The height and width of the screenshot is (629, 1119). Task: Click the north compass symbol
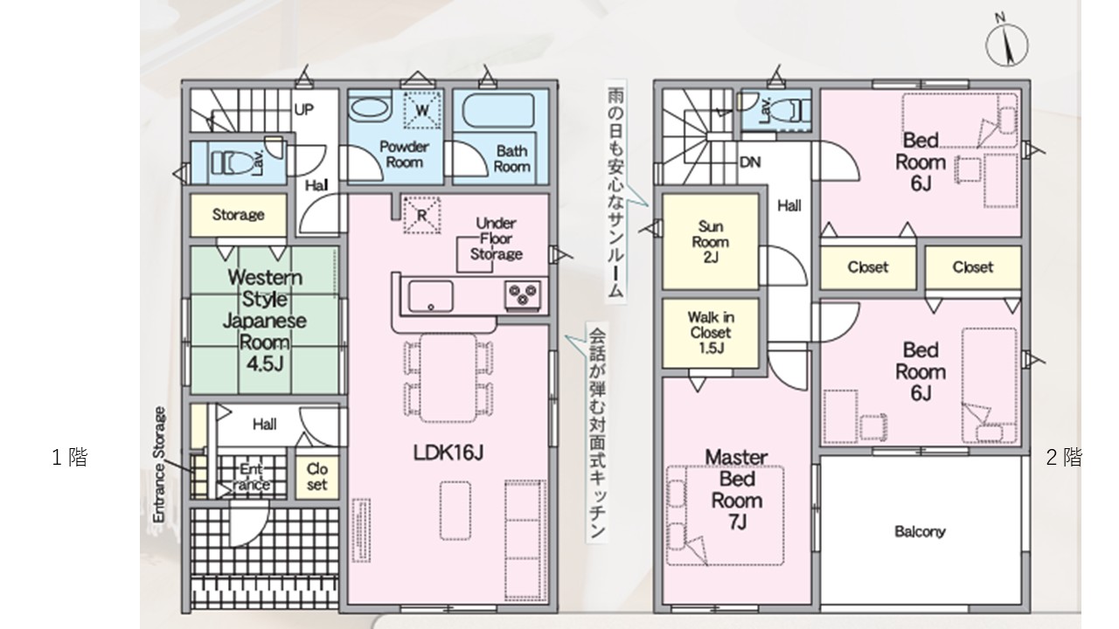click(x=1006, y=44)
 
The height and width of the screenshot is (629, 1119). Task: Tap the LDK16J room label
click(x=448, y=453)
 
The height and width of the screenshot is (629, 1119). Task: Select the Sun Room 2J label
click(x=711, y=242)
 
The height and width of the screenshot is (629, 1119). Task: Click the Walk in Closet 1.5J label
click(x=711, y=333)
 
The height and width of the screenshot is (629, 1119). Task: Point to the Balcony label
click(x=920, y=532)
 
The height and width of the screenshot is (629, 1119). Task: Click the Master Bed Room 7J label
click(x=736, y=489)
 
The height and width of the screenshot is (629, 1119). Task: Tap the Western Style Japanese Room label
click(x=264, y=321)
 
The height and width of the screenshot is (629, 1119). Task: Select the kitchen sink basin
click(x=431, y=296)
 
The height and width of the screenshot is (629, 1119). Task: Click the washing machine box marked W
click(x=422, y=110)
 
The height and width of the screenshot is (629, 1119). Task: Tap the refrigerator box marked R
click(x=422, y=215)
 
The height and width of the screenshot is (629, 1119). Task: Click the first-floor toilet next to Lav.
click(x=232, y=162)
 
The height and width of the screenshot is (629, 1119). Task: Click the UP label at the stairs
click(x=303, y=109)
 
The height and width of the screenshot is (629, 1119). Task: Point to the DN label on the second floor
click(x=750, y=162)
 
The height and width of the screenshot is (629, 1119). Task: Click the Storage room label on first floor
click(x=239, y=215)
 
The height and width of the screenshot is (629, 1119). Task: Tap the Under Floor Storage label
click(x=496, y=238)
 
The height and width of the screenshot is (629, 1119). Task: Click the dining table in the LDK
click(x=448, y=378)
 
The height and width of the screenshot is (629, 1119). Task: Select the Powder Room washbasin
click(x=370, y=108)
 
